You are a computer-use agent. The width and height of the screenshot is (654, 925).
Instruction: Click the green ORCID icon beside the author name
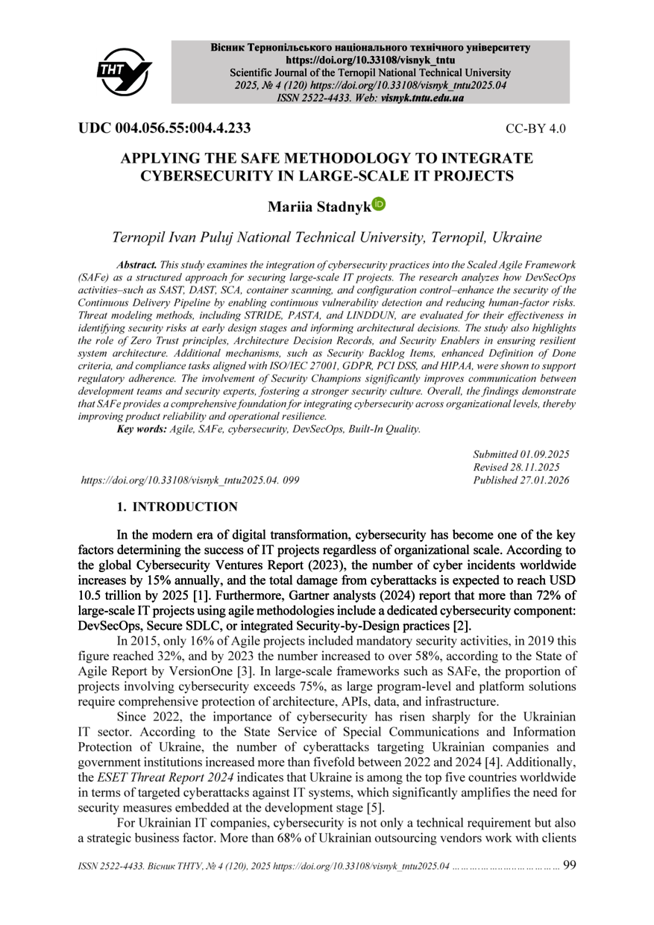[x=379, y=203]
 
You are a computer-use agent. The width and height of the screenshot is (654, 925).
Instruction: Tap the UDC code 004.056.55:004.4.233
[x=164, y=128]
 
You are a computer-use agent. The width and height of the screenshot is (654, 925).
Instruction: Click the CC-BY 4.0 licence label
[x=535, y=128]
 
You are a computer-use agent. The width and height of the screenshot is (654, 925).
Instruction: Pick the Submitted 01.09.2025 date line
[x=521, y=454]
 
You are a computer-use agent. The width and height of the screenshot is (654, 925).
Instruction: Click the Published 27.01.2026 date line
[x=521, y=480]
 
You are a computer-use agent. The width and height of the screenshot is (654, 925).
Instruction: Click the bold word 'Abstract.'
[x=137, y=266]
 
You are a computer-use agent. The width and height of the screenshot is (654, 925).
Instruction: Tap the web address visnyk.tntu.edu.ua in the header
[x=422, y=98]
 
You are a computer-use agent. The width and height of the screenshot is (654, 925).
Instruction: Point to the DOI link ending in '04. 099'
[x=190, y=480]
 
